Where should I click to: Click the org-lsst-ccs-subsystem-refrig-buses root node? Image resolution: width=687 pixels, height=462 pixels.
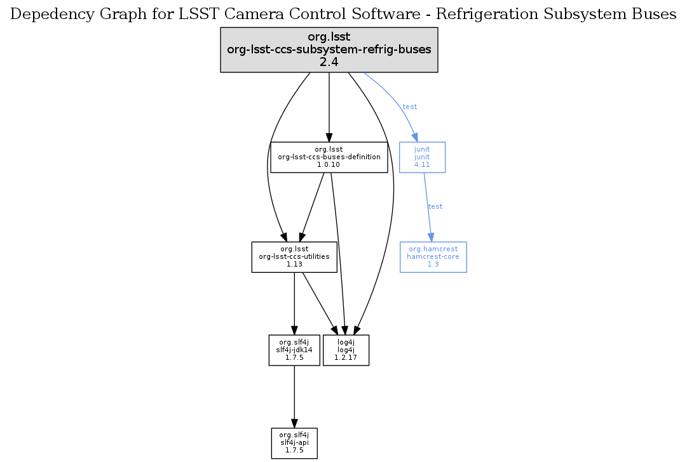point(329,49)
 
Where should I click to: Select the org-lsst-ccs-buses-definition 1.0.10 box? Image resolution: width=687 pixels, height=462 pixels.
point(329,157)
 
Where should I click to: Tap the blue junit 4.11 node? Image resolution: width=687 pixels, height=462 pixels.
point(422,157)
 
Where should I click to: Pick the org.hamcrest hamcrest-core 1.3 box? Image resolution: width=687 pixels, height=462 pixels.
point(433,257)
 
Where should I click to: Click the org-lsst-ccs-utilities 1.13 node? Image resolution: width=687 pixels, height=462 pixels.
point(294,257)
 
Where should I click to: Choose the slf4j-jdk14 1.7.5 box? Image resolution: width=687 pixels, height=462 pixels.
point(294,350)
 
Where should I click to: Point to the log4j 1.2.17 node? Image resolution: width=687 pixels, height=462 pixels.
point(346,350)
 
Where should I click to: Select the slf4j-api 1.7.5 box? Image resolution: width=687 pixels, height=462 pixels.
point(294,442)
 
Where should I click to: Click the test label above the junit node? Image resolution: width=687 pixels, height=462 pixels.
point(410,107)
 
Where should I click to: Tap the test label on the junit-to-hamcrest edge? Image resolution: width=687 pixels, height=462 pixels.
point(435,206)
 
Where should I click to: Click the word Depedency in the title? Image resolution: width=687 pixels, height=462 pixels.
point(45,15)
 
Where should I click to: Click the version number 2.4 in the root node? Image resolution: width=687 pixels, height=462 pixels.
point(329,62)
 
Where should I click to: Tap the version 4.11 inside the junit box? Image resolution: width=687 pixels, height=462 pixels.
point(422,164)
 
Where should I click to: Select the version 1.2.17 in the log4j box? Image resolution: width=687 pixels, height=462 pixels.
point(346,357)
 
